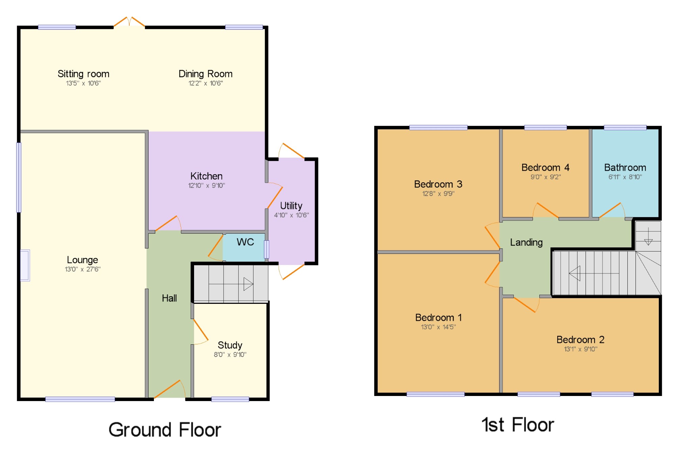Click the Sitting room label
point(83,74)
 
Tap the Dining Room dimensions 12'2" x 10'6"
point(206,83)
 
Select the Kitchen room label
point(206,176)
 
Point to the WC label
point(245,242)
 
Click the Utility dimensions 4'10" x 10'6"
point(291,215)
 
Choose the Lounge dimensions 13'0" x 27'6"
point(83,269)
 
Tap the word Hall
point(169,298)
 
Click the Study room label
point(230,345)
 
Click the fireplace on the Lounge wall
point(25,265)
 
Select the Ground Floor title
point(165,430)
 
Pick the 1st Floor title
point(518,425)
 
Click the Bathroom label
point(625,167)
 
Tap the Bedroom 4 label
point(545,167)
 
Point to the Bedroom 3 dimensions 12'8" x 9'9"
point(438,193)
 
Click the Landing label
point(526,242)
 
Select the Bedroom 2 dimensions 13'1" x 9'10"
point(580,349)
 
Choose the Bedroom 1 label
point(438,318)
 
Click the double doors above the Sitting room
point(129,22)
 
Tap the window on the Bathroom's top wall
point(625,128)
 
